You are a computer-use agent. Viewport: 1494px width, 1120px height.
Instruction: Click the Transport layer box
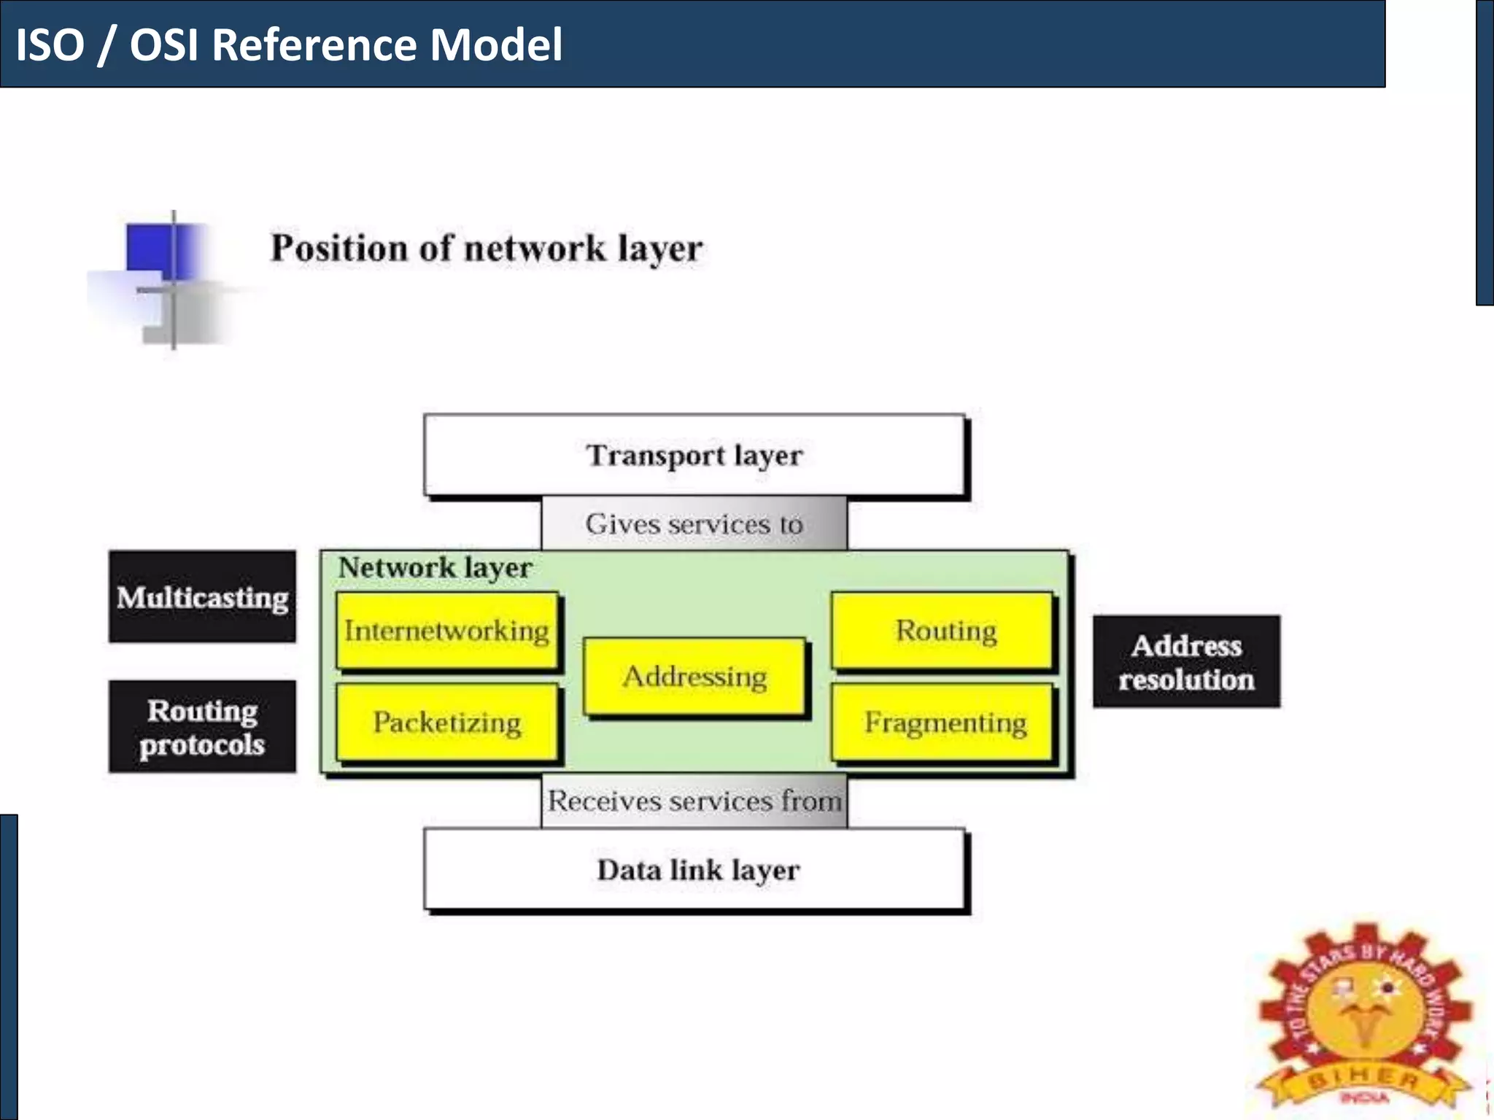pyautogui.click(x=694, y=455)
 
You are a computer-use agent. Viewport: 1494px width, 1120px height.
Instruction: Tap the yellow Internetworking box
pyautogui.click(x=446, y=631)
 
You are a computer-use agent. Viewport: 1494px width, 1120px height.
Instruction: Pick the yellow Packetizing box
pyautogui.click(x=446, y=723)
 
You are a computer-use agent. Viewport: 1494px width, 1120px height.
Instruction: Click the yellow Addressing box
pyautogui.click(x=694, y=677)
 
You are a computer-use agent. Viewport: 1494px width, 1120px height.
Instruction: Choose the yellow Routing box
pyautogui.click(x=944, y=631)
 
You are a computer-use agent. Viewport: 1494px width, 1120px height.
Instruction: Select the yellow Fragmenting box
pyautogui.click(x=944, y=723)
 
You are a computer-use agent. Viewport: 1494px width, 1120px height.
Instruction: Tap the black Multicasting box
pyautogui.click(x=202, y=596)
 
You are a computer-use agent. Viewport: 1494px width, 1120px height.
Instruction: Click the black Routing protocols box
pyautogui.click(x=202, y=726)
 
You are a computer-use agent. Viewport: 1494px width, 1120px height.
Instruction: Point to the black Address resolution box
pyautogui.click(x=1186, y=661)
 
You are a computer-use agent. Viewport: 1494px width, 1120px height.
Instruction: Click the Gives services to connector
pyautogui.click(x=694, y=524)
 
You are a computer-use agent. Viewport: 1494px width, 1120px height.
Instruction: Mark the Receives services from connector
pyautogui.click(x=694, y=801)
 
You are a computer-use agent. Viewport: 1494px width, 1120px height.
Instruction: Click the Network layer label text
pyautogui.click(x=435, y=567)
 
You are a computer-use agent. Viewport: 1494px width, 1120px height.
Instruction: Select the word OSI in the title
pyautogui.click(x=164, y=45)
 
